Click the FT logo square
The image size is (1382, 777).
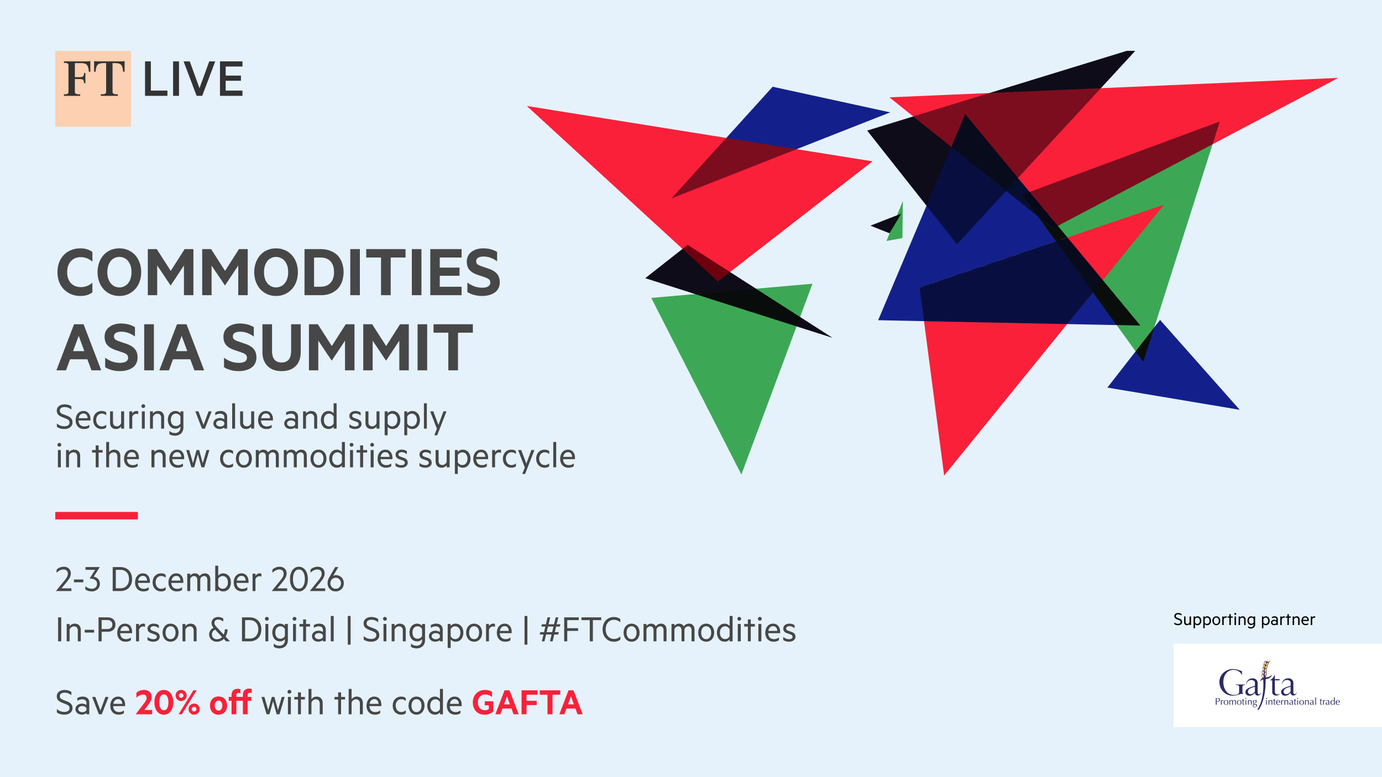click(93, 88)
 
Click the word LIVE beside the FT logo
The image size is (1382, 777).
click(193, 79)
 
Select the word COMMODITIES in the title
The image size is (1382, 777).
click(279, 272)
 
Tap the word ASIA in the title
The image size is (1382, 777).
click(130, 347)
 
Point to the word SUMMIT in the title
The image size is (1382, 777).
click(348, 347)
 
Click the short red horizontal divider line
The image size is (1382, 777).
click(96, 516)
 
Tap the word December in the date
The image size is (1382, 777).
click(186, 580)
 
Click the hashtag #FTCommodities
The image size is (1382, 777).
click(668, 630)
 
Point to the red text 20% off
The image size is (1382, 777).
click(193, 703)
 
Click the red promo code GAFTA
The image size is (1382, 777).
click(527, 703)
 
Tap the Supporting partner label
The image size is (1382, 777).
click(1244, 620)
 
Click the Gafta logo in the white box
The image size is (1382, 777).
click(1277, 685)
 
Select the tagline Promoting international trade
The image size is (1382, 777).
click(1277, 702)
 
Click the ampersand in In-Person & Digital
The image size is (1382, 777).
click(219, 631)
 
